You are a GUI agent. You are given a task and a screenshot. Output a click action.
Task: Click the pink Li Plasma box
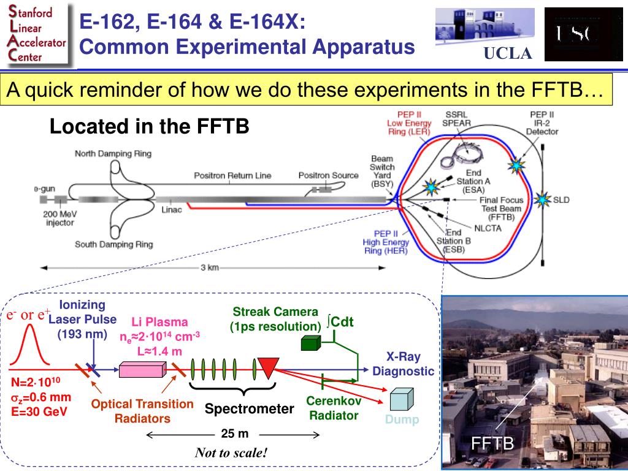[x=142, y=369]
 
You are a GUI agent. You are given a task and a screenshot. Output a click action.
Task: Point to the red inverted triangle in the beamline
[x=268, y=367]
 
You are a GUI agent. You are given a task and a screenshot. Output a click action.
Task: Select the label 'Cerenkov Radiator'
[x=334, y=408]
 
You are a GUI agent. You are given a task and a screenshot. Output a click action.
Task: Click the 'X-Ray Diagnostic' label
[x=402, y=364]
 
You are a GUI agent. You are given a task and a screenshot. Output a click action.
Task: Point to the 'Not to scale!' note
[x=231, y=453]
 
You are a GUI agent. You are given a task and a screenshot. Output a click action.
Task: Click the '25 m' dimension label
[x=234, y=434]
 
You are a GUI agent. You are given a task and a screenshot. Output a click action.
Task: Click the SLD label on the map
[x=561, y=200]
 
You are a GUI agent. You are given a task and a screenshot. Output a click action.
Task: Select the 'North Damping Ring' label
[x=113, y=153]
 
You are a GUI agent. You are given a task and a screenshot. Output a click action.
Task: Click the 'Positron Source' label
[x=328, y=175]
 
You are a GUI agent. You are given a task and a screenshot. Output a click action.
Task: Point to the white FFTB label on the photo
[x=492, y=443]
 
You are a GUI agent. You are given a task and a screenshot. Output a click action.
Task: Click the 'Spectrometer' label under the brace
[x=250, y=408]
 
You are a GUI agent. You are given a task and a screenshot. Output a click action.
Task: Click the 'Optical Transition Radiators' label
[x=142, y=411]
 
